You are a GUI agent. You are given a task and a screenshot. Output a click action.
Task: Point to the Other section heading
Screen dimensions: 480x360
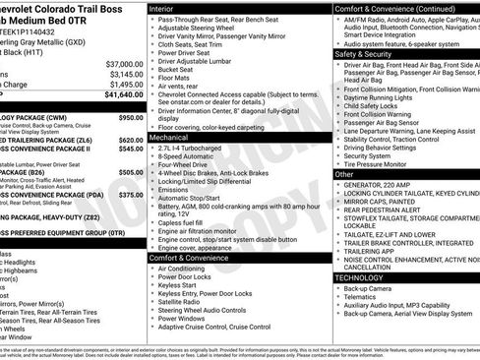pyautogui.click(x=344, y=173)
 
